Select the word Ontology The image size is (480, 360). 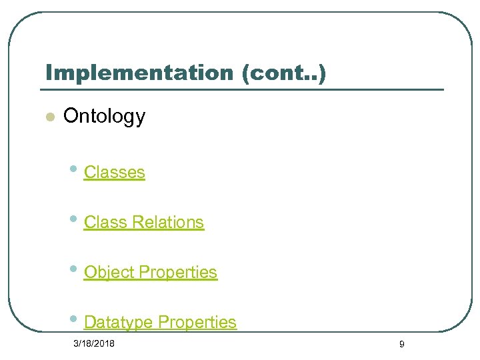tap(104, 116)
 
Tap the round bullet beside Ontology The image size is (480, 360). tap(48, 117)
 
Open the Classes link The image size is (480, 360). tap(114, 172)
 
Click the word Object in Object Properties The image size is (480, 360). tap(108, 272)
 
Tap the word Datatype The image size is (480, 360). tap(118, 322)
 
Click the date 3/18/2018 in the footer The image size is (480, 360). tap(94, 343)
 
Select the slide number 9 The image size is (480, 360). tap(401, 344)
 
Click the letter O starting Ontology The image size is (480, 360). tap(70, 116)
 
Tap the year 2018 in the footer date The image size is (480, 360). tap(104, 343)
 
